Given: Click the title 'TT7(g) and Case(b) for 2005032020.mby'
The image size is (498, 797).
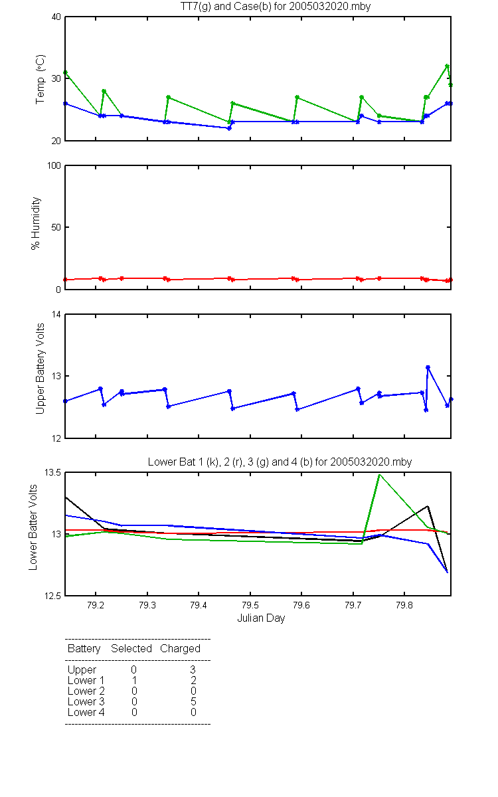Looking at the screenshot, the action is pos(276,7).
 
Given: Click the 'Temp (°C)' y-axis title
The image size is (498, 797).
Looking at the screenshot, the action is pos(41,79).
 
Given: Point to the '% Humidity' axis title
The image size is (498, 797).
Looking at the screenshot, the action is pos(36,223).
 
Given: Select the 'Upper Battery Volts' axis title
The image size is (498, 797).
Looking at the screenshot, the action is pos(41,369).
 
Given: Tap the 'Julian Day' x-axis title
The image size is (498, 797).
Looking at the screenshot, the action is pos(261,618).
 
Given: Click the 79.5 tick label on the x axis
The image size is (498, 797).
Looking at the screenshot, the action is pos(250,605).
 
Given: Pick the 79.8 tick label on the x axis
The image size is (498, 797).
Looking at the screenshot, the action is pos(404,605).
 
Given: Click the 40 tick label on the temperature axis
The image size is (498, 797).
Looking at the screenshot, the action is pos(56,17).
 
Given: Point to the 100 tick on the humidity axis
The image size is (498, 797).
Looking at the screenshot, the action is pos(54,166).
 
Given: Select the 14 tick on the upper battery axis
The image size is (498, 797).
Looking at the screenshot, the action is pos(56,315).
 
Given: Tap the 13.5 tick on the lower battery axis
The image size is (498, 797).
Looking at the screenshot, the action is pos(52,472).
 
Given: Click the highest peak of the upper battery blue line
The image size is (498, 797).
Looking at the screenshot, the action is pos(428,367).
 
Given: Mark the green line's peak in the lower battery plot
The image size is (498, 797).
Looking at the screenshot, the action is pos(380,475).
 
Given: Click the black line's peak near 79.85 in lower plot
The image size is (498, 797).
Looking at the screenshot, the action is pos(428,506).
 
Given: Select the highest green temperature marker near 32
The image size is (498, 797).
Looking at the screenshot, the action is pos(447,66).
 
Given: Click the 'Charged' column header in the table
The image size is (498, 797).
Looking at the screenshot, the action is pos(180,649).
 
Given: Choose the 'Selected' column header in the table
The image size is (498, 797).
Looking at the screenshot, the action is pos(131,648).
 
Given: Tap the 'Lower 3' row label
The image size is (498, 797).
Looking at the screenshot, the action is pos(86,701).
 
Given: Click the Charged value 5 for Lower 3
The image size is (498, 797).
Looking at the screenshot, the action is pos(193,701).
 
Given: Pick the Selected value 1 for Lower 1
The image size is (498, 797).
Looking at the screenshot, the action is pos(134,680).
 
